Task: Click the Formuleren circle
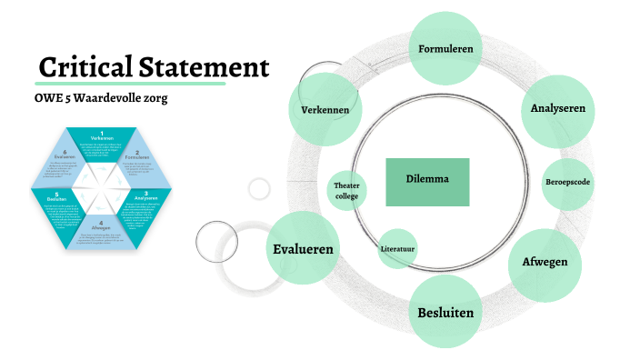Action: [x=445, y=47]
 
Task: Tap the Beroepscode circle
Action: [x=568, y=182]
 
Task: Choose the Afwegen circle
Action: [x=545, y=263]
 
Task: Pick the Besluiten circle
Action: [x=445, y=313]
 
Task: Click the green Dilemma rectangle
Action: [x=427, y=180]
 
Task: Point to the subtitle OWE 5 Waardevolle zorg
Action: [x=101, y=98]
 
